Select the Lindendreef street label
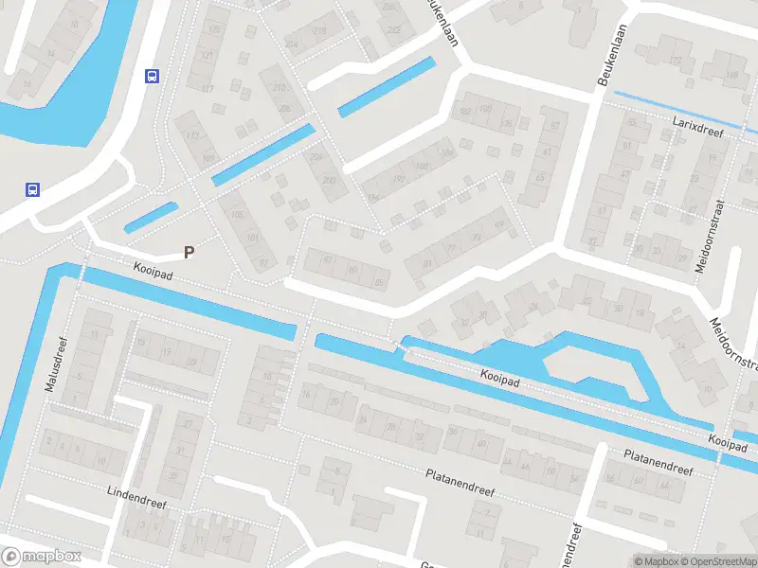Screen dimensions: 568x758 tap(136, 498)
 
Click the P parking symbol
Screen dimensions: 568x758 tap(189, 253)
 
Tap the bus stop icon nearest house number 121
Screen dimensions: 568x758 tap(151, 77)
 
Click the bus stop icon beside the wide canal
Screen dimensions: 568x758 tap(32, 188)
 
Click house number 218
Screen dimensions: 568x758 tap(319, 31)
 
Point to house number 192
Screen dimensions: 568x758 tap(465, 112)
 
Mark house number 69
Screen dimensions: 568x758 tap(500, 225)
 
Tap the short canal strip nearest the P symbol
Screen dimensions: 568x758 tap(152, 218)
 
